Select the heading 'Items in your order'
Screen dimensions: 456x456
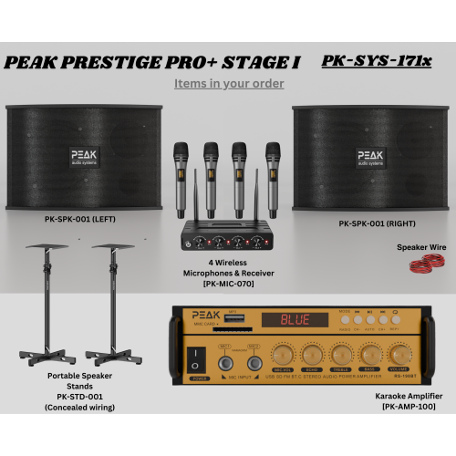click(x=229, y=83)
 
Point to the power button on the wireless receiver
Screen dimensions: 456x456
click(x=188, y=244)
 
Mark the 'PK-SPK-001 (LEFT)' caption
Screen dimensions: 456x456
click(x=78, y=220)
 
